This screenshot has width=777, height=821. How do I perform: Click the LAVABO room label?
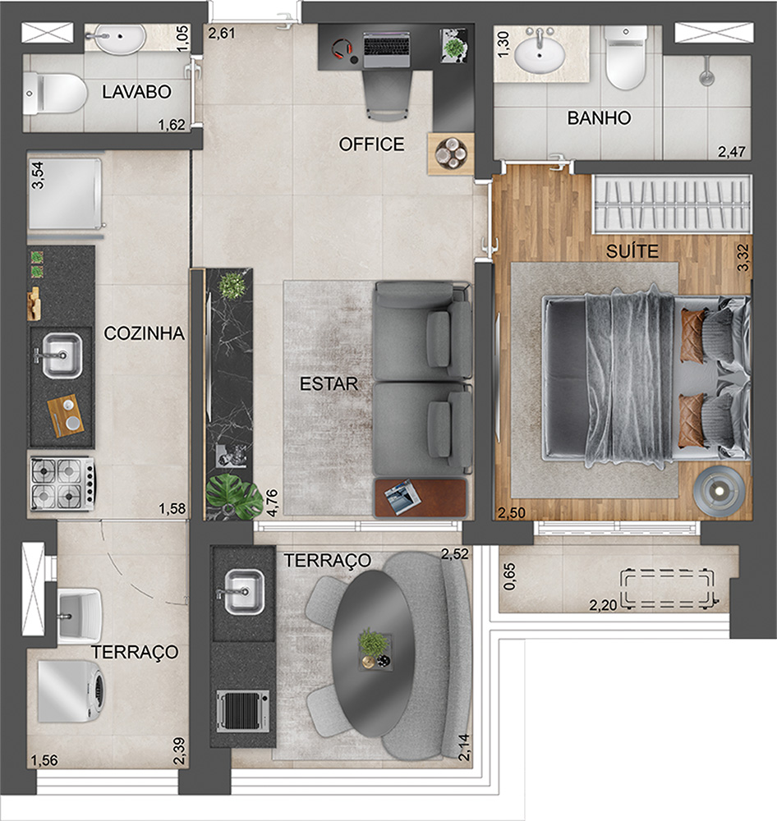136,92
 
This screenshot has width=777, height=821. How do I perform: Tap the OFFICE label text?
371,144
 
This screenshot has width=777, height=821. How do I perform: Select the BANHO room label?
599,118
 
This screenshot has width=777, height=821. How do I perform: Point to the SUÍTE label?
631,251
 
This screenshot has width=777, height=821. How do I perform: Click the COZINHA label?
144,333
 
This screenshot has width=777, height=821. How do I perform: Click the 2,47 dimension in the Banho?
733,152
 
